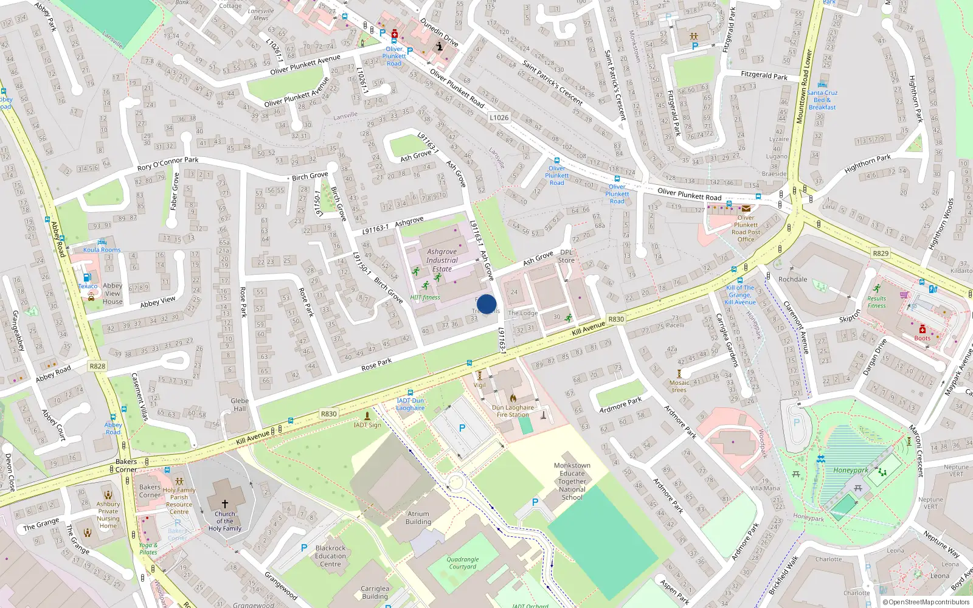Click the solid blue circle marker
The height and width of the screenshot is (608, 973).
pos(486,304)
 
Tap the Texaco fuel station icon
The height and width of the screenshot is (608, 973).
pos(87,277)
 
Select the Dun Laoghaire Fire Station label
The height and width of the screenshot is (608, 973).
pos(513,411)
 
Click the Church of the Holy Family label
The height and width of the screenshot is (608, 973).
pos(224,521)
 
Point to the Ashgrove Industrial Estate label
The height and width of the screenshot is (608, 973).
pos(441,260)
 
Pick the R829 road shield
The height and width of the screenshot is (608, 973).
pos(880,253)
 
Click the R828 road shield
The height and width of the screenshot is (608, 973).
pos(97,366)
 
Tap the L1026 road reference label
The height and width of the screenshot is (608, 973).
pos(499,118)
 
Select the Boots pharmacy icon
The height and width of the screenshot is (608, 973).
pos(922,329)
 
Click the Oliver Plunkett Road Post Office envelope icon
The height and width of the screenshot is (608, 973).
pos(746,209)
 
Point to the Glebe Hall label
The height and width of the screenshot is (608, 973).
pos(240,404)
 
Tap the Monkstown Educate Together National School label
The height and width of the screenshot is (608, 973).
pos(572,481)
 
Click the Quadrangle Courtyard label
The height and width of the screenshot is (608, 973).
pos(462,563)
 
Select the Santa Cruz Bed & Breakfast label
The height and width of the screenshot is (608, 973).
pos(822,100)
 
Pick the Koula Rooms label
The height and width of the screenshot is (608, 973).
pos(102,250)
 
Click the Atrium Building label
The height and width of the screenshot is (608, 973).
pos(418,517)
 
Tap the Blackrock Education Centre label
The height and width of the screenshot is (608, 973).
pos(331,556)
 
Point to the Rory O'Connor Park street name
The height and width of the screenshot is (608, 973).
pos(168,164)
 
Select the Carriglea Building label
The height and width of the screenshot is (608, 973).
pos(375,592)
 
